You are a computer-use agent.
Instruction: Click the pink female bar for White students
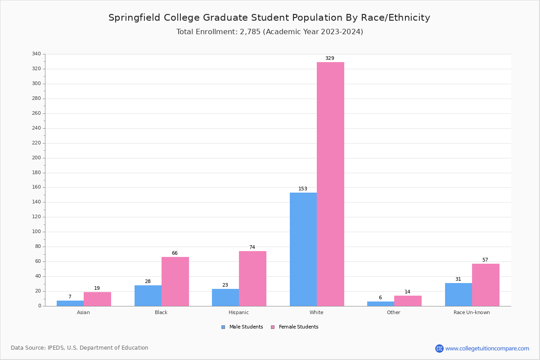point(330,184)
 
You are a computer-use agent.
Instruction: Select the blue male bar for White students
point(303,249)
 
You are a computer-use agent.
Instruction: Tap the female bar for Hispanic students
point(252,279)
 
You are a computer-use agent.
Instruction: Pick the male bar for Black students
point(148,296)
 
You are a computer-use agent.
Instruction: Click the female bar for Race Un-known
point(486,285)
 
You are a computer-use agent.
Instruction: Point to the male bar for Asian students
point(70,303)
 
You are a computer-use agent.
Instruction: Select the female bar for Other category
point(408,301)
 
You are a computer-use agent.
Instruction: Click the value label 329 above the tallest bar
point(330,58)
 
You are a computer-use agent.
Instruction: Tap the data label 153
point(303,189)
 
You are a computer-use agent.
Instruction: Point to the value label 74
point(252,247)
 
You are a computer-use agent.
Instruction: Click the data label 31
point(458,279)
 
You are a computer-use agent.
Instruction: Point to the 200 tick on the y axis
point(36,158)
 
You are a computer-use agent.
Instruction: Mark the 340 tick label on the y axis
point(36,54)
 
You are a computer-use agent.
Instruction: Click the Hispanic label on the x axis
point(238,312)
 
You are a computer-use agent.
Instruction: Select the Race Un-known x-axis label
point(472,312)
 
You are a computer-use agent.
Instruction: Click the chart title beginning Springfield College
point(269,18)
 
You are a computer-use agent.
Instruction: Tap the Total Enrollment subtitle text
point(270,32)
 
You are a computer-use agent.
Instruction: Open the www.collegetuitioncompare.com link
point(487,348)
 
